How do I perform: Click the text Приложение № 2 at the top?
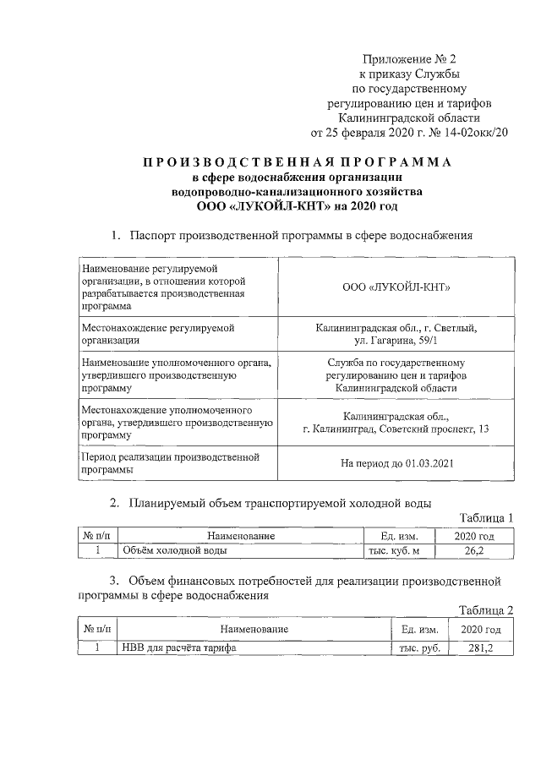tap(410, 59)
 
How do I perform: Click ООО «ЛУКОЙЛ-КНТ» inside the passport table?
tap(396, 287)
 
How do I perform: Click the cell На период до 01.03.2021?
tap(396, 463)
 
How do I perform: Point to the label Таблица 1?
tap(486, 517)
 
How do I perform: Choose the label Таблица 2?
tap(486, 610)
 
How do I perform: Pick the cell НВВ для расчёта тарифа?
tap(178, 648)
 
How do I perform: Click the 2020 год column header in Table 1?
tap(473, 535)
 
